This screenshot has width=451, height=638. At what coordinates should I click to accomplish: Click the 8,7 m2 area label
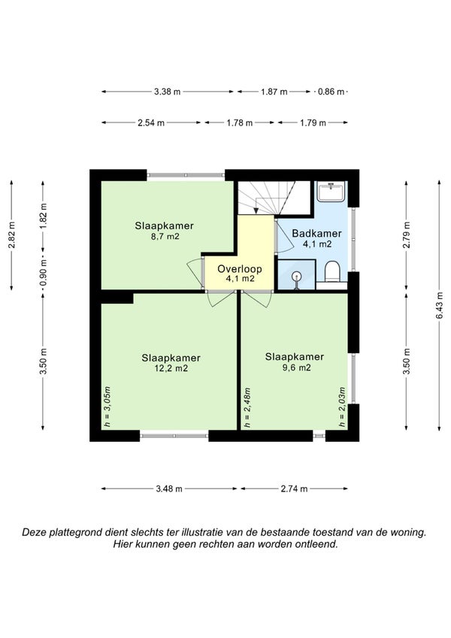pos(165,236)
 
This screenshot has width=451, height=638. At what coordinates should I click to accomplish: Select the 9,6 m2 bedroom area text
pos(295,367)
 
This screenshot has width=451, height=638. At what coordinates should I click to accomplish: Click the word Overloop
pos(239,268)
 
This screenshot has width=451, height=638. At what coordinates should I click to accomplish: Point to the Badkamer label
pos(316,234)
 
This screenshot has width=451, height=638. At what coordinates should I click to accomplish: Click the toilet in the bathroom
pos(332,272)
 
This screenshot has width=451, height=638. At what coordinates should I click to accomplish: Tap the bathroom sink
pos(331,191)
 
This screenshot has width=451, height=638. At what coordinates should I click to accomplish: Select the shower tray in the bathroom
pos(296,274)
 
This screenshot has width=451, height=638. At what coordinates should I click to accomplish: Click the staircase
pos(275,198)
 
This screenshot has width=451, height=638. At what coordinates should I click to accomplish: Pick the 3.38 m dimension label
pos(168,92)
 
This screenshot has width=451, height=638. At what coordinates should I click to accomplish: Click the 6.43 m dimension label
pos(439,306)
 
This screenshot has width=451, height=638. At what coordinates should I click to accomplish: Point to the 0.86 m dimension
pos(331,92)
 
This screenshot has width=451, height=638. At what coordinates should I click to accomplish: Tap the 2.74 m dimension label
pos(295,488)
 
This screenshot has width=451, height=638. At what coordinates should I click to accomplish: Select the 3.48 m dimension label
pos(169,488)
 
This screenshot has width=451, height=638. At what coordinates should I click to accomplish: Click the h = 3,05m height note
pos(107,407)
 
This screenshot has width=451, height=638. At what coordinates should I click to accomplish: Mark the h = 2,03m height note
pos(342,407)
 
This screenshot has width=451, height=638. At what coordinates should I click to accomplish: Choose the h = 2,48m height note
pos(247,407)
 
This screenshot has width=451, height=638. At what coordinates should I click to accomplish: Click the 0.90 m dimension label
pos(43,272)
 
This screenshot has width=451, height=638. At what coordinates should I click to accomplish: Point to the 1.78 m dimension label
pos(240,122)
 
